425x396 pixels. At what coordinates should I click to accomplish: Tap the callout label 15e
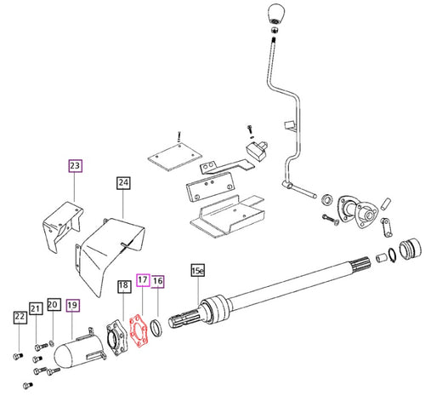click(x=197, y=271)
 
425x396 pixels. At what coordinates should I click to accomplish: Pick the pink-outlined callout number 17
click(x=142, y=279)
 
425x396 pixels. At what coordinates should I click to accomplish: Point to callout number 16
click(x=159, y=279)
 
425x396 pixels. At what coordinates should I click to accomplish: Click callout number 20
click(x=53, y=304)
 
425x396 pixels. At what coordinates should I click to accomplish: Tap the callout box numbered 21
click(x=36, y=307)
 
